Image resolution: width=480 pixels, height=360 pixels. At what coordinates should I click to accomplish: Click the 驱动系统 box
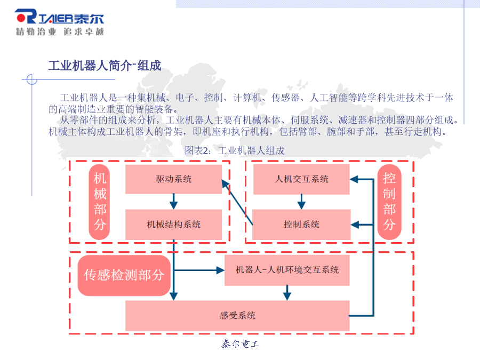pyautogui.click(x=173, y=179)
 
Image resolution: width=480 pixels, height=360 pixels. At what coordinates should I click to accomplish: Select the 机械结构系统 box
pyautogui.click(x=173, y=225)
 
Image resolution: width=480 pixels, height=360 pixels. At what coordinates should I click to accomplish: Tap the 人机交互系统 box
pyautogui.click(x=301, y=179)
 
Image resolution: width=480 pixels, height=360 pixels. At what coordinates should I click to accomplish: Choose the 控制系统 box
pyautogui.click(x=301, y=225)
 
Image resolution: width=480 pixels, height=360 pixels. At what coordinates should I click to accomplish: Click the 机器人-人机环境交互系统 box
pyautogui.click(x=287, y=270)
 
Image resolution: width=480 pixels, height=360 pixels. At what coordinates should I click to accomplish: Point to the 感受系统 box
pyautogui.click(x=237, y=315)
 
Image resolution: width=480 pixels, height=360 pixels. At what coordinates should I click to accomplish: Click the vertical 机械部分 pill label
pyautogui.click(x=100, y=202)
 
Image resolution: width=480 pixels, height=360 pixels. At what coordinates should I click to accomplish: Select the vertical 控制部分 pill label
pyautogui.click(x=389, y=202)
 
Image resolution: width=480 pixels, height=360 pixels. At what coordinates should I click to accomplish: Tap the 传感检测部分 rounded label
pyautogui.click(x=124, y=275)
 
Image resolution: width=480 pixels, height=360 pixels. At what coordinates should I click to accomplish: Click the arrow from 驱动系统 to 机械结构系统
pyautogui.click(x=173, y=202)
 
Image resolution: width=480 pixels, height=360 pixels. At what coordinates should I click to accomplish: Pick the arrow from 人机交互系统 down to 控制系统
pyautogui.click(x=301, y=202)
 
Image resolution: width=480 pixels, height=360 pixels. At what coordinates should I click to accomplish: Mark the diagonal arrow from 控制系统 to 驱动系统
pyautogui.click(x=237, y=202)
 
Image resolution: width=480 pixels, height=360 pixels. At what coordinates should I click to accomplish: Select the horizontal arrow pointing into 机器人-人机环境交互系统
pyautogui.click(x=199, y=270)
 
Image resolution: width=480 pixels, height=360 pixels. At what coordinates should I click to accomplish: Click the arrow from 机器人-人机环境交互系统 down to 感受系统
pyautogui.click(x=287, y=293)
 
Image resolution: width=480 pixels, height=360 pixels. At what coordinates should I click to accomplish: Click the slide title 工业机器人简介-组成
pyautogui.click(x=105, y=66)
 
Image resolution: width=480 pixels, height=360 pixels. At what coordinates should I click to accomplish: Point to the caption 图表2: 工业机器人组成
pyautogui.click(x=235, y=150)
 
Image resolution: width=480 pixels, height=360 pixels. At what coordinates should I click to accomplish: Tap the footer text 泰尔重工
pyautogui.click(x=241, y=344)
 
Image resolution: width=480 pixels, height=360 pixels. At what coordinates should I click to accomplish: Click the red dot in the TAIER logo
pyautogui.click(x=21, y=18)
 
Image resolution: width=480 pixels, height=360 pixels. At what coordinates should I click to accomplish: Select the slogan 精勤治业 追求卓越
pyautogui.click(x=60, y=31)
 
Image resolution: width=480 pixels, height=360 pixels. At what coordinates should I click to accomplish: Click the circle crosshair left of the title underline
pyautogui.click(x=32, y=79)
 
